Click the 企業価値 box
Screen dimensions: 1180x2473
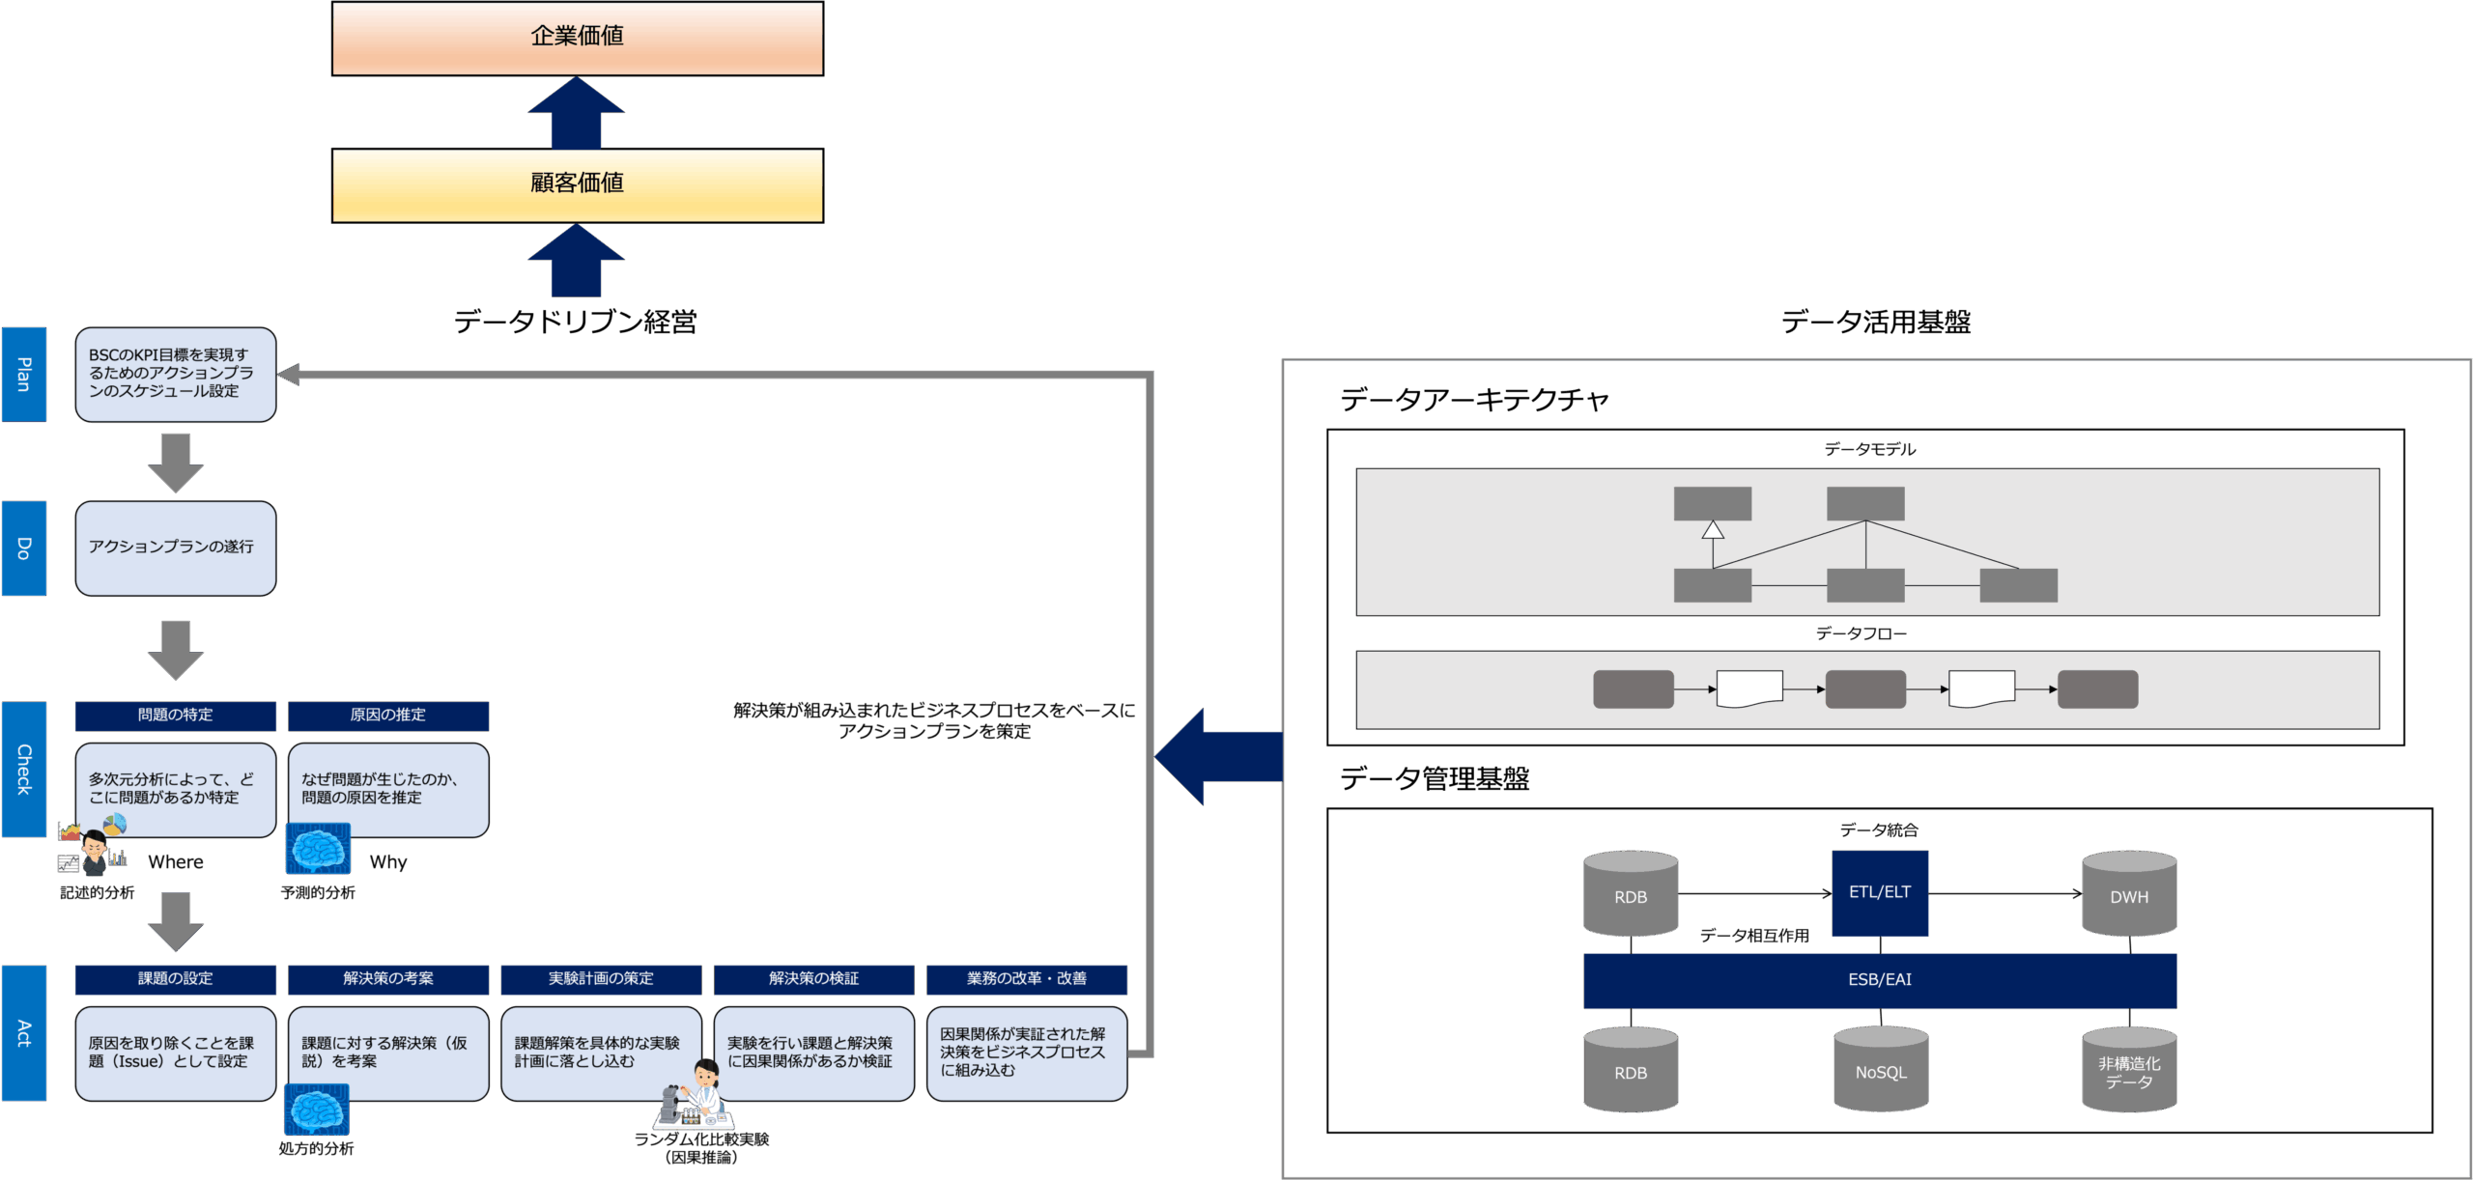(x=577, y=38)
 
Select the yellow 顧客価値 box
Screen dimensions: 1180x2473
(x=577, y=184)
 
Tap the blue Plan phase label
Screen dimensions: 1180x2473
(x=24, y=375)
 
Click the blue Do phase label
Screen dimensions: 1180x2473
(x=24, y=548)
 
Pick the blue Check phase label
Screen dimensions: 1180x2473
(x=24, y=769)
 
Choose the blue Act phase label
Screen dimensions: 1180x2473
(x=24, y=1032)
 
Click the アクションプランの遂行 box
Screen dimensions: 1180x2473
(x=175, y=548)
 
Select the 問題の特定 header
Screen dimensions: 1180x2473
(x=175, y=716)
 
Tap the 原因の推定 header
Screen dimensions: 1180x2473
(x=388, y=716)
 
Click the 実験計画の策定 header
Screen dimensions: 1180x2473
(x=601, y=979)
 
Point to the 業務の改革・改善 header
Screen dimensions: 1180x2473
(x=1027, y=979)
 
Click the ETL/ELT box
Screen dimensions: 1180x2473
(x=1880, y=893)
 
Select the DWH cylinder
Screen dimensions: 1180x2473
(x=2129, y=894)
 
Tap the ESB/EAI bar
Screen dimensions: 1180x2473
(x=1880, y=980)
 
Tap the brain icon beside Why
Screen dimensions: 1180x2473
(x=318, y=849)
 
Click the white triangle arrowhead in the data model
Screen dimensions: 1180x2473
(x=1713, y=529)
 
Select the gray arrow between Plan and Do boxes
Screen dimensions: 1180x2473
(x=175, y=462)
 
